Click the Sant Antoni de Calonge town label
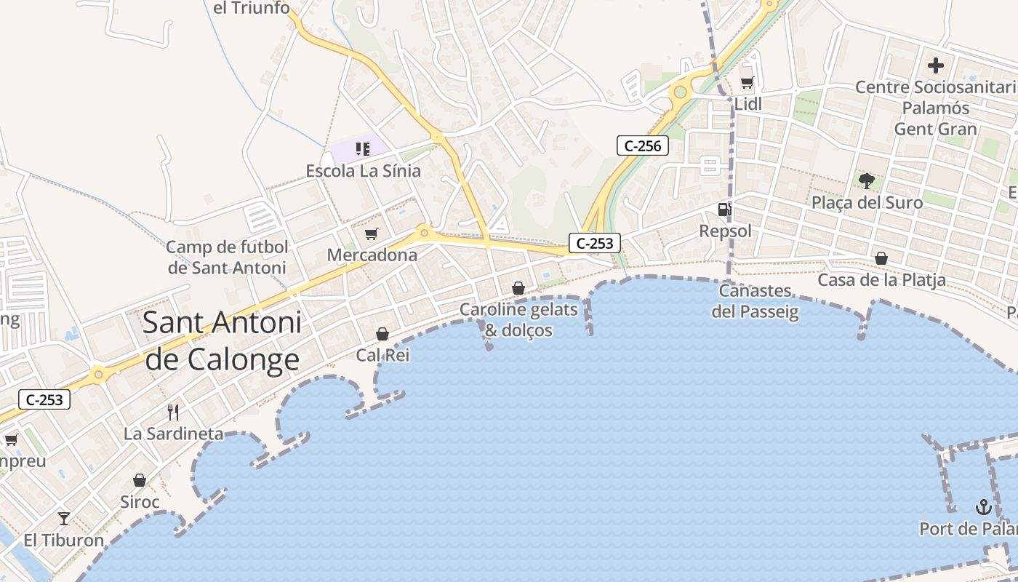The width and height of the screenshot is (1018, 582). pos(222,340)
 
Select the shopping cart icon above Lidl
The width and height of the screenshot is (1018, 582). pos(747,83)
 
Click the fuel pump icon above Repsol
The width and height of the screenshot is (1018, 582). pos(724,210)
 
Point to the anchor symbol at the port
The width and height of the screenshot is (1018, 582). pos(983,506)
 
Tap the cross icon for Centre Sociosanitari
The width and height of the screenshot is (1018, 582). pos(935,65)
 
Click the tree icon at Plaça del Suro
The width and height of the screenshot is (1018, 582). pos(866,180)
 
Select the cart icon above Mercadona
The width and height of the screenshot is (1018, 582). pos(372,234)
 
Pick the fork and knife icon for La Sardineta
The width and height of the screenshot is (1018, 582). pos(173,412)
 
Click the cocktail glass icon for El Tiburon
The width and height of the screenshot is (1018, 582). pos(64,519)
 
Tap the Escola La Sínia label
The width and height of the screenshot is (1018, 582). pos(363,171)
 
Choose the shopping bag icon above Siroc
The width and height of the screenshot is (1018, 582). pos(140,480)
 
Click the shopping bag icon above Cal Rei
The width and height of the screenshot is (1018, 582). pos(382,334)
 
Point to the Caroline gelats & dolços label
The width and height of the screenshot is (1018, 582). pos(518,320)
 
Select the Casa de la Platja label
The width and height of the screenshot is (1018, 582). pos(881,280)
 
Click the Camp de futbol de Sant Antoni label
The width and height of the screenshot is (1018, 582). pos(227,257)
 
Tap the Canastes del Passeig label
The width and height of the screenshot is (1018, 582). pos(755,301)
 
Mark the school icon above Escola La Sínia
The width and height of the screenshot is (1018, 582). pos(362,149)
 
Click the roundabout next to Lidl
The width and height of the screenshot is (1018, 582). pos(680,92)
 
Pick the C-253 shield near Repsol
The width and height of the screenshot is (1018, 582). pos(595,243)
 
